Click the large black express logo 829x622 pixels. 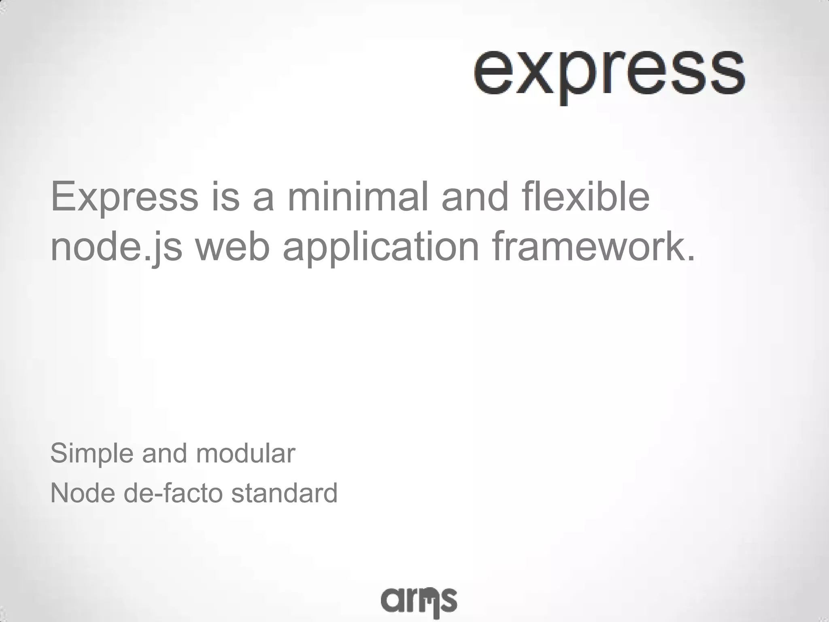(x=609, y=73)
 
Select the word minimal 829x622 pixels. (x=357, y=197)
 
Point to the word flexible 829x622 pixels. (x=586, y=197)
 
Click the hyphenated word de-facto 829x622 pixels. (x=173, y=493)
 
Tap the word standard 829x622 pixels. (x=284, y=493)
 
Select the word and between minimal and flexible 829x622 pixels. (x=475, y=197)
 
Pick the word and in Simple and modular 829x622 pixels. (x=164, y=454)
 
